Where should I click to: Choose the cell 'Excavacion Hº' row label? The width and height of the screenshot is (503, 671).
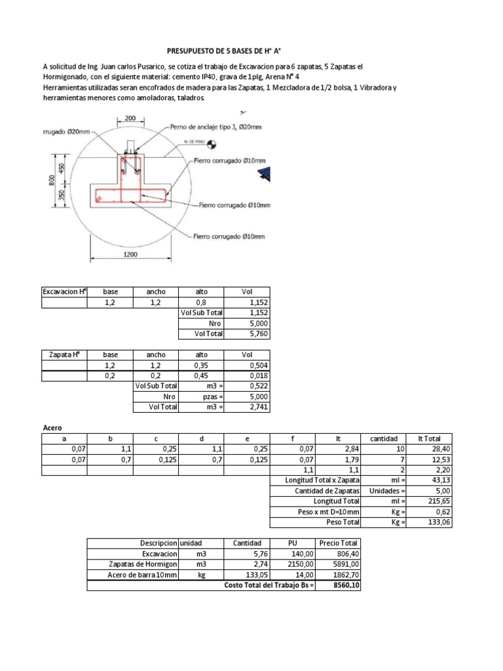(64, 292)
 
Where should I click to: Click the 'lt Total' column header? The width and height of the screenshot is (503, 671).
(429, 438)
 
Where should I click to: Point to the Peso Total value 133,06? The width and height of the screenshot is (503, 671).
(429, 522)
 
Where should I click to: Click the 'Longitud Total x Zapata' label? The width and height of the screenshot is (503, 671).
(314, 480)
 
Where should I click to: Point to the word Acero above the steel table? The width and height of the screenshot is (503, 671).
(52, 427)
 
